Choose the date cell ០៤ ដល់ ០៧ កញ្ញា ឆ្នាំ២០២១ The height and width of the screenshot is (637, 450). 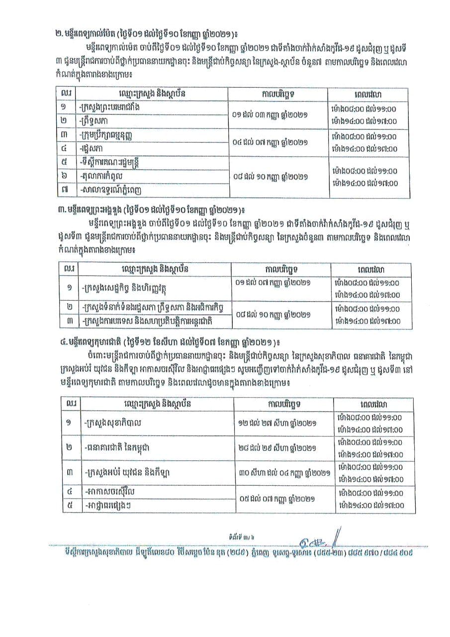(271, 142)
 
